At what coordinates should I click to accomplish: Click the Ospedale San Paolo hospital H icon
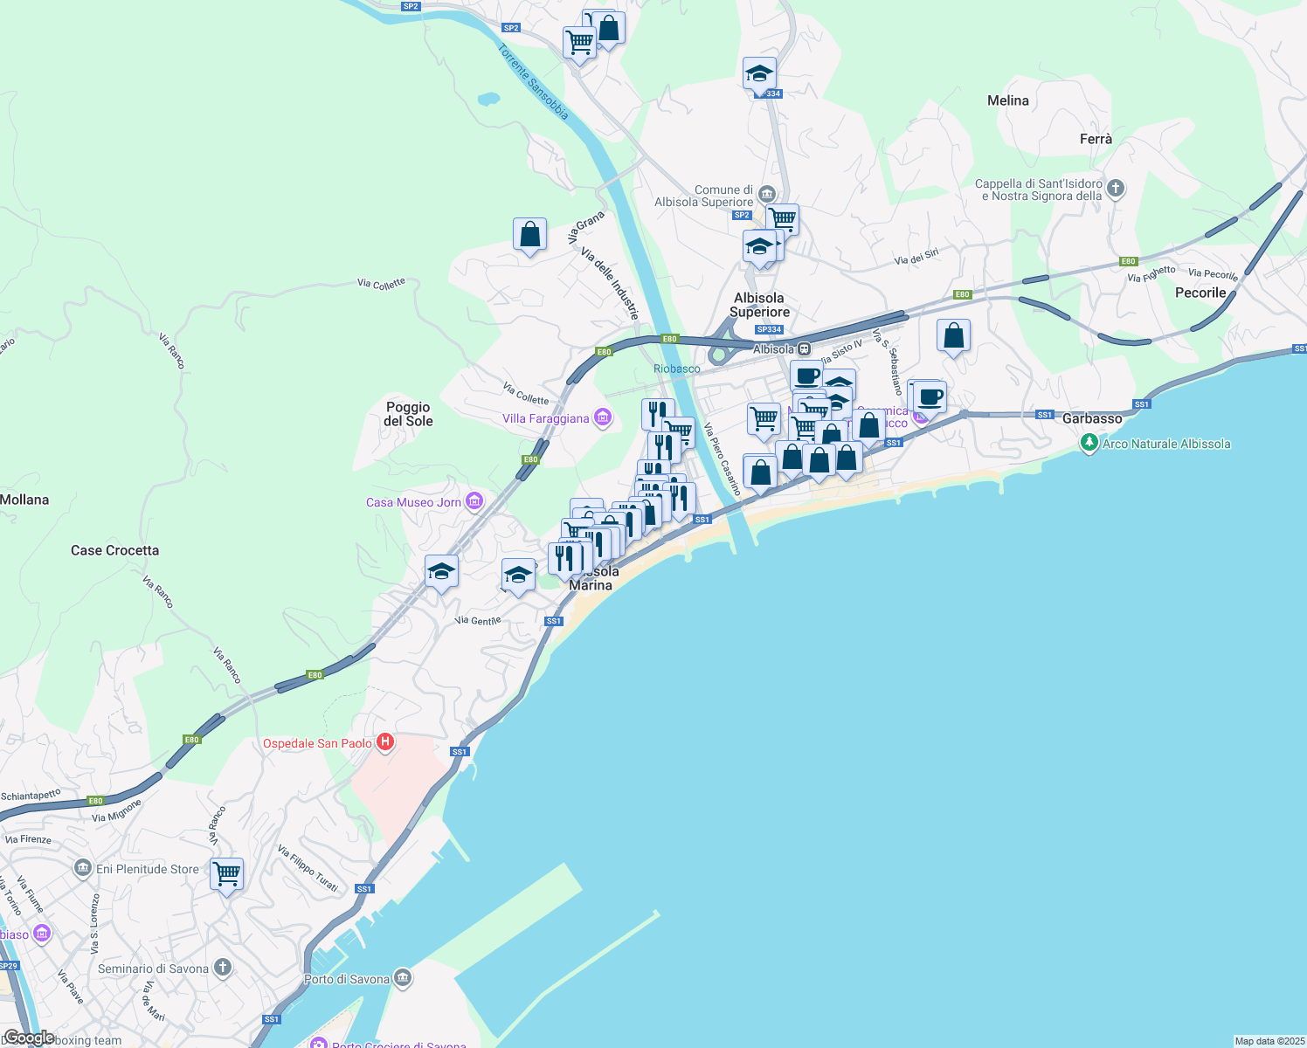(x=384, y=743)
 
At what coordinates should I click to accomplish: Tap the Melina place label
(x=1007, y=100)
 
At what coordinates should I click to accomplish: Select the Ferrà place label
(x=1096, y=139)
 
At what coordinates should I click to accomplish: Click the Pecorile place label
(x=1200, y=293)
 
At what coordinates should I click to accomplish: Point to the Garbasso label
(x=1091, y=418)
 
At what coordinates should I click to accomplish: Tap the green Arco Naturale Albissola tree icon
(x=1089, y=444)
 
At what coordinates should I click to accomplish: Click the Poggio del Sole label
(x=408, y=414)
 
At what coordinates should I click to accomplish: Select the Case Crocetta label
(x=114, y=550)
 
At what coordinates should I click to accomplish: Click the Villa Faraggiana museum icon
(x=603, y=418)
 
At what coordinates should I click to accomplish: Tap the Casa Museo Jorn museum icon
(x=474, y=501)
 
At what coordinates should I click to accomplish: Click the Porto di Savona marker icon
(x=403, y=978)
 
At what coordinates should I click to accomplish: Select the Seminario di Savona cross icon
(x=223, y=968)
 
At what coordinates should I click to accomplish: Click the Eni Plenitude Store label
(x=148, y=869)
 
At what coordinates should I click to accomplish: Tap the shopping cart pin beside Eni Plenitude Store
(x=227, y=873)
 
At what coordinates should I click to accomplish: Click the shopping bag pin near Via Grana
(x=529, y=234)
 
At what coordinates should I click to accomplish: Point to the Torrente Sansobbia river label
(x=533, y=82)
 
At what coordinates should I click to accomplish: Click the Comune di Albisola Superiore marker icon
(x=767, y=193)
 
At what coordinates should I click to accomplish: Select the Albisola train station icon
(x=805, y=349)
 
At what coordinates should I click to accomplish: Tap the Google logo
(x=28, y=1038)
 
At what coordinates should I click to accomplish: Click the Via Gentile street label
(x=478, y=621)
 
